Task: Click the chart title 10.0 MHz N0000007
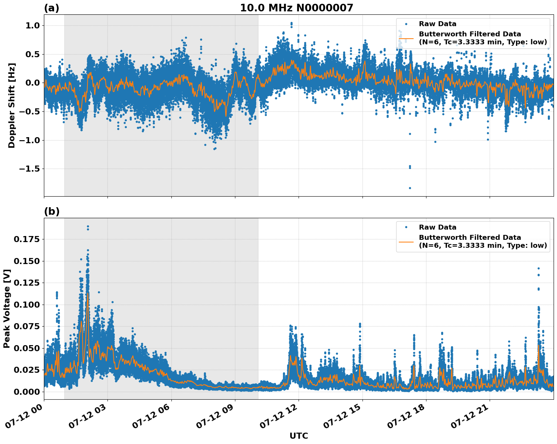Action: (x=296, y=8)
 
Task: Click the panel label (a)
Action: (x=51, y=8)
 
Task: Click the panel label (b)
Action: (x=51, y=211)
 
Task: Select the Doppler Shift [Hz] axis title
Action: (x=12, y=105)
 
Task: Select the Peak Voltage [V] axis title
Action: (x=7, y=308)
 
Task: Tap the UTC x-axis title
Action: (x=299, y=436)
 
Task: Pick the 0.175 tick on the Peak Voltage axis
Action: (x=26, y=239)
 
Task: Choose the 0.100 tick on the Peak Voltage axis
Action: (x=26, y=305)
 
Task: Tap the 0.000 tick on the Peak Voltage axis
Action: (x=26, y=392)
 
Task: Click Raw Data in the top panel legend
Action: (x=437, y=24)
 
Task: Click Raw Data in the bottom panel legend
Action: (x=437, y=227)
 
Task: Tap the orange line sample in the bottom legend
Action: (x=406, y=241)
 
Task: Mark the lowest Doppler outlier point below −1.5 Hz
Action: (x=410, y=188)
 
